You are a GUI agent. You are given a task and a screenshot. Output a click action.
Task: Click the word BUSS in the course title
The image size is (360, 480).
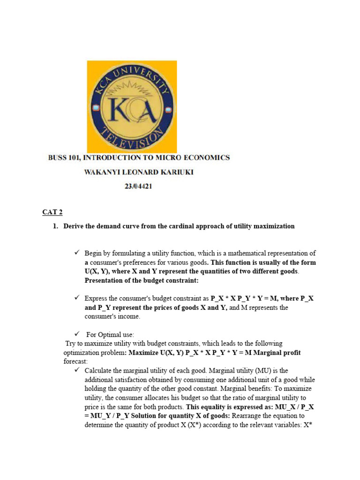(58, 158)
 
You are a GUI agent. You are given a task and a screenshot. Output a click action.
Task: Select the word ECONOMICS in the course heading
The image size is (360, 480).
(206, 158)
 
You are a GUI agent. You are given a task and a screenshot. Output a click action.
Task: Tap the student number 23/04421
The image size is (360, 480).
(138, 187)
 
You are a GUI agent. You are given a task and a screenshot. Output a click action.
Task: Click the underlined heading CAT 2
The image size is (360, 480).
(52, 212)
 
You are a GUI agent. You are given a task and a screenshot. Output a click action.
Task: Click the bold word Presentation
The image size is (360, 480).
(105, 281)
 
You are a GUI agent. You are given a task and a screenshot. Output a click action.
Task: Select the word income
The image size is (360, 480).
(130, 316)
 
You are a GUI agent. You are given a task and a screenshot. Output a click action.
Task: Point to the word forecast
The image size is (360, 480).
(75, 362)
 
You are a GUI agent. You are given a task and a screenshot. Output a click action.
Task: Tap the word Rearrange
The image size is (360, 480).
(253, 416)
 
